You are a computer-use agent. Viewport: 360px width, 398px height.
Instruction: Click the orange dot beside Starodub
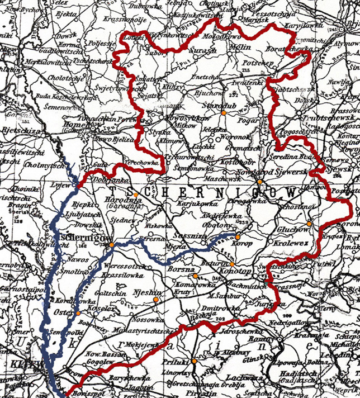(x=223, y=113)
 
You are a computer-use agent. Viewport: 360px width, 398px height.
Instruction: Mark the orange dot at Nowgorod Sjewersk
(x=260, y=182)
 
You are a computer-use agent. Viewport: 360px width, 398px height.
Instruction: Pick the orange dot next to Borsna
(x=195, y=276)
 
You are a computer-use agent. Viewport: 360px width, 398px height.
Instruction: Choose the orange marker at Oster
(x=78, y=312)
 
